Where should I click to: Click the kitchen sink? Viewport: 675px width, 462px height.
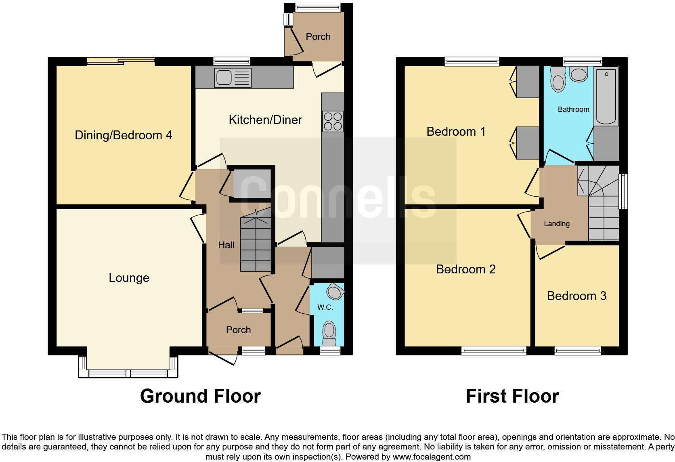click(233, 78)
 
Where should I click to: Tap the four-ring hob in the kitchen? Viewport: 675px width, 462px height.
click(333, 121)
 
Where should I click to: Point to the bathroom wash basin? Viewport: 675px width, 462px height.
click(579, 75)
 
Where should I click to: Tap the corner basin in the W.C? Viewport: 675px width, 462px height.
click(335, 290)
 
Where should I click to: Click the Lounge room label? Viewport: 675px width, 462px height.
click(129, 278)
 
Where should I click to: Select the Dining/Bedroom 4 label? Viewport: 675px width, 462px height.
click(123, 135)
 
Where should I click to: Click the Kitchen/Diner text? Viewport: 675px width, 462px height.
click(265, 120)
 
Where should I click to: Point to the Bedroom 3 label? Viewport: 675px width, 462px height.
click(576, 296)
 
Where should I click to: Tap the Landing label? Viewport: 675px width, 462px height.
click(556, 224)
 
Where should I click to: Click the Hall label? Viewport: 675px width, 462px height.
click(226, 245)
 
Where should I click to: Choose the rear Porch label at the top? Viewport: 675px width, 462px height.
click(318, 37)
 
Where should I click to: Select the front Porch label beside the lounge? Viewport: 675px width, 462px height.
click(238, 330)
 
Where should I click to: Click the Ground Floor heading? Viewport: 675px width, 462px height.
click(200, 396)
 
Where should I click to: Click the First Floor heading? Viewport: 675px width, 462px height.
click(512, 396)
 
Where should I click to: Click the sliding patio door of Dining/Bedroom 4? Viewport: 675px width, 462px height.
click(121, 61)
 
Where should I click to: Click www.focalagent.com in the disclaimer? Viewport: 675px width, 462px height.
click(432, 457)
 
